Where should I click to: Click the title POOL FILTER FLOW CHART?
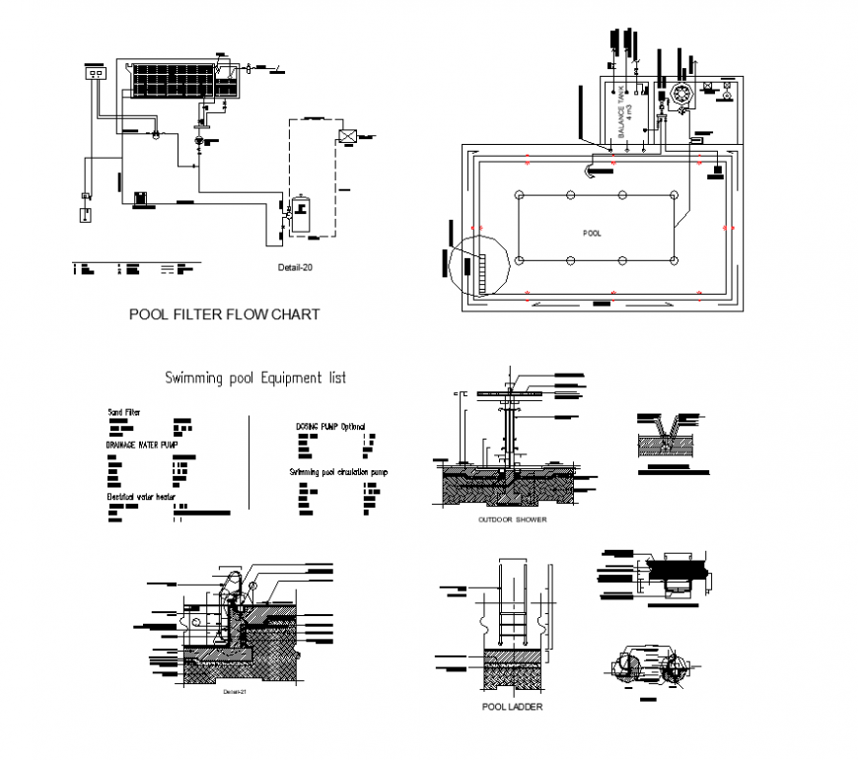[225, 315]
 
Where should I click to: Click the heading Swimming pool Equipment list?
[254, 378]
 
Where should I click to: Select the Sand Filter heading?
[124, 411]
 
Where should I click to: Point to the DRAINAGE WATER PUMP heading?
[143, 446]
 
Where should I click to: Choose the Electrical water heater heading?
[142, 498]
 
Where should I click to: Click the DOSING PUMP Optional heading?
[330, 427]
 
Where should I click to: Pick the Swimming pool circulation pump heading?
[338, 473]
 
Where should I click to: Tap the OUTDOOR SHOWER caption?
[512, 519]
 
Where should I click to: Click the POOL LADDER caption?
[511, 707]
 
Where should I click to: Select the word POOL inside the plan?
[592, 234]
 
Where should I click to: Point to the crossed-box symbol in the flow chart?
[347, 136]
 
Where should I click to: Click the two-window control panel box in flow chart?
[96, 73]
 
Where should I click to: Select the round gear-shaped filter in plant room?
[681, 95]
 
